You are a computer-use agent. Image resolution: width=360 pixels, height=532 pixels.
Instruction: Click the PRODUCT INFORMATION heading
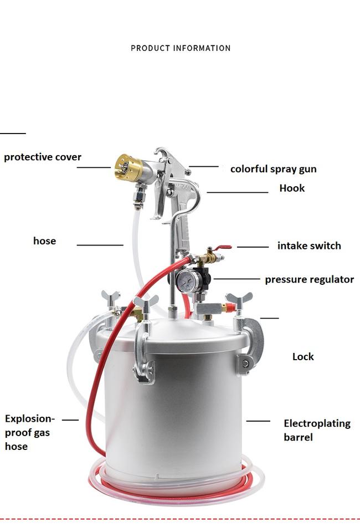click(181, 48)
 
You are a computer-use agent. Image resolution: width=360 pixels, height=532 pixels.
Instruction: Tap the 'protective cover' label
click(43, 157)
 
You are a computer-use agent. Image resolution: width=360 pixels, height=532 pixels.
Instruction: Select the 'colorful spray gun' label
click(273, 169)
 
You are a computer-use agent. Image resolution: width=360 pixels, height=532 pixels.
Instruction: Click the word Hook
click(292, 188)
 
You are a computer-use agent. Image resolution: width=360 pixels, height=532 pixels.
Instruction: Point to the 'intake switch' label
click(309, 245)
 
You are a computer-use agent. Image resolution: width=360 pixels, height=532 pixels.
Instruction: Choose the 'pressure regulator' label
click(310, 279)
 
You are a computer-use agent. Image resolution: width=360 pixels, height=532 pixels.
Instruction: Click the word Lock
click(303, 356)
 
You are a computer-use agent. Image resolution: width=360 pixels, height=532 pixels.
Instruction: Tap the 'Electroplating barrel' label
click(317, 430)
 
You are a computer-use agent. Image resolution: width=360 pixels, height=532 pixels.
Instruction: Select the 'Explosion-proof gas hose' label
click(30, 432)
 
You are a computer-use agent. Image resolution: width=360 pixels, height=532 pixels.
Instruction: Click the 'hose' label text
click(44, 241)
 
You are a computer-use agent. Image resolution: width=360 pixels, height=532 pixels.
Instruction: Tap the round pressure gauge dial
click(185, 280)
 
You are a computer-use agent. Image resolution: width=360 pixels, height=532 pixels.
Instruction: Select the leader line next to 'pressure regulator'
click(236, 279)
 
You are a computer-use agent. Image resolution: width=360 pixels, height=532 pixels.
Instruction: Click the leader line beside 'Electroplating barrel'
click(258, 421)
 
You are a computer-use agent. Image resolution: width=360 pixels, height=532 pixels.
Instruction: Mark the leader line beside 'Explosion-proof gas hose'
click(70, 420)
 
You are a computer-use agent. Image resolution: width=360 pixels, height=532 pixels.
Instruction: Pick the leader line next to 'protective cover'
click(94, 167)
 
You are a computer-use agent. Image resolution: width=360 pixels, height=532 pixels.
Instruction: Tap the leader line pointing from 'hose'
click(100, 244)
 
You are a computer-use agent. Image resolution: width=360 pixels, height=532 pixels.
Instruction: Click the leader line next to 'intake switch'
click(253, 247)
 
